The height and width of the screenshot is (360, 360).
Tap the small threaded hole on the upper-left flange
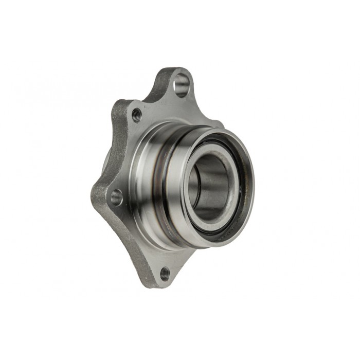(x=136, y=115)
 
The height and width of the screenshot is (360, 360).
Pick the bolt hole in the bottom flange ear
(x=165, y=273)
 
